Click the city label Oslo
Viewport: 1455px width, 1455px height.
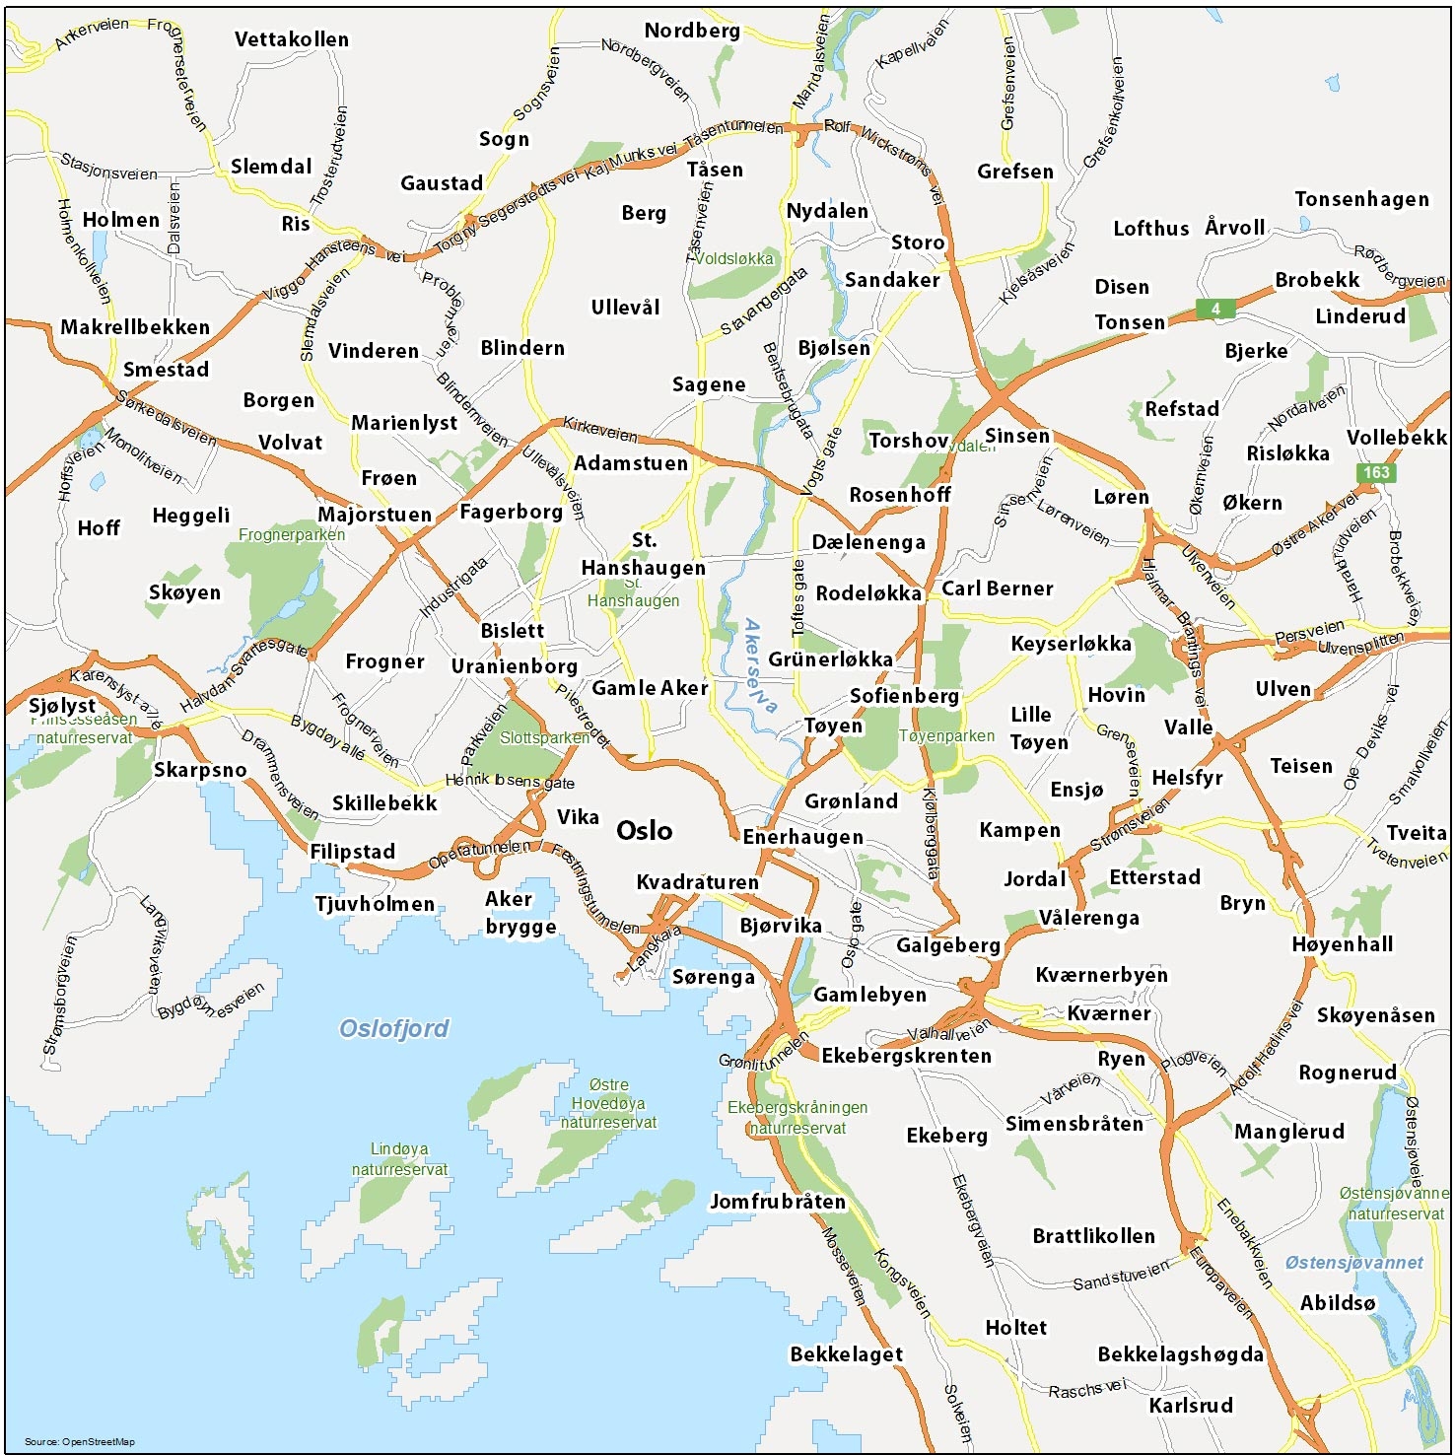point(644,831)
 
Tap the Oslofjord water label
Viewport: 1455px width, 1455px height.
point(393,1029)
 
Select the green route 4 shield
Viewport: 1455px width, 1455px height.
point(1215,309)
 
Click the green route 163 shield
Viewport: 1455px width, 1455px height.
point(1376,472)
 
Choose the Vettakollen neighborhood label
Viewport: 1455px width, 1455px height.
point(291,39)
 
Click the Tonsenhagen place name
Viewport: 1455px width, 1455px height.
point(1361,199)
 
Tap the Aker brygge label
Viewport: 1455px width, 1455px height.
point(520,912)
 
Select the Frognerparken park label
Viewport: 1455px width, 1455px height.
point(292,535)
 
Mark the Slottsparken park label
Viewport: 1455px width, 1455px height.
point(544,737)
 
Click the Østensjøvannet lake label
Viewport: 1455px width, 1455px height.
point(1353,1263)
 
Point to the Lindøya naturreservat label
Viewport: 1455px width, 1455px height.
point(399,1159)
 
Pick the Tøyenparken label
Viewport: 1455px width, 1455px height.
point(946,735)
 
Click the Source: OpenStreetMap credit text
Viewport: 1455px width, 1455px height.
point(79,1441)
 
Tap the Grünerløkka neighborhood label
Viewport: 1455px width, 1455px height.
point(830,659)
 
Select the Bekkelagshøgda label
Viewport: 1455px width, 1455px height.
point(1180,1354)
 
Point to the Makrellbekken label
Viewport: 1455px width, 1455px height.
point(135,327)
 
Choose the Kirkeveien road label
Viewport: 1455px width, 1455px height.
point(599,429)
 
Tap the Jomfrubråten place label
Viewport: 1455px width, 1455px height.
point(778,1202)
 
